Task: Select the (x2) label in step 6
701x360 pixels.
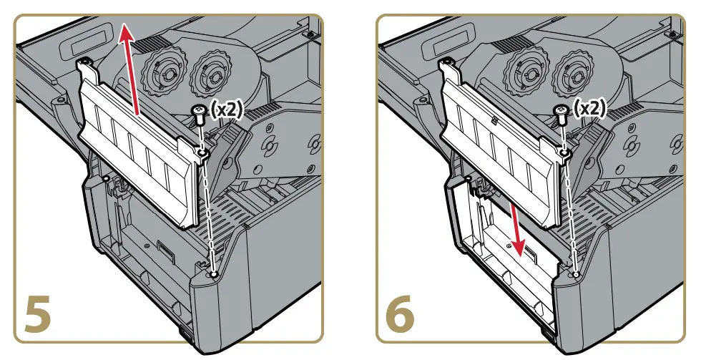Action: click(592, 109)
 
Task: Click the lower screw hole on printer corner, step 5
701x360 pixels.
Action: click(215, 273)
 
